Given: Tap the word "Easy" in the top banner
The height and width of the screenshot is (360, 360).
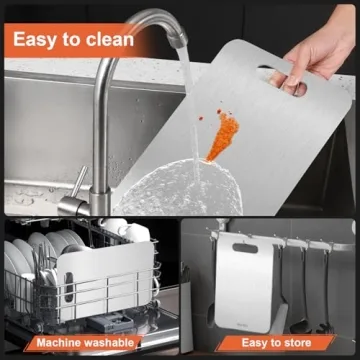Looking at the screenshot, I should [37, 40].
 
